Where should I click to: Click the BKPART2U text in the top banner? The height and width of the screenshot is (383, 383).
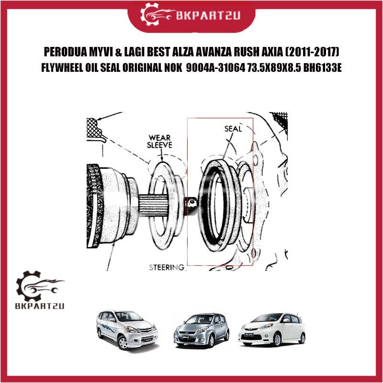coord(208,16)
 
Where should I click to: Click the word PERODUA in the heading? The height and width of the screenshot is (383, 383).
coord(62,52)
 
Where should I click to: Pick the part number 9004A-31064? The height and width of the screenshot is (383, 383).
coord(215,68)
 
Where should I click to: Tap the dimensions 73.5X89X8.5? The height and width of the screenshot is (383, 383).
coord(274,68)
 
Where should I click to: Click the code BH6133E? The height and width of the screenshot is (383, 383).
coord(322,68)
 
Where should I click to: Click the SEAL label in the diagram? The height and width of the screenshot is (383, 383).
coord(233,129)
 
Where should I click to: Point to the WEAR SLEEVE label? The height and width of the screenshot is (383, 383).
coord(159,141)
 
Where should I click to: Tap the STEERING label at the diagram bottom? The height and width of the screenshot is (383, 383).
coord(167,267)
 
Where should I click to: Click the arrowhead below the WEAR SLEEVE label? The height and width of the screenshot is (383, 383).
coord(162,159)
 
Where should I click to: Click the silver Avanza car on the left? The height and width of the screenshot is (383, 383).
coord(127,329)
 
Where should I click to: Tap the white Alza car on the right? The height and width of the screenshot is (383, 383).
coord(272,329)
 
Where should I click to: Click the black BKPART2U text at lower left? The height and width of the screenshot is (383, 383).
coord(40,306)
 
